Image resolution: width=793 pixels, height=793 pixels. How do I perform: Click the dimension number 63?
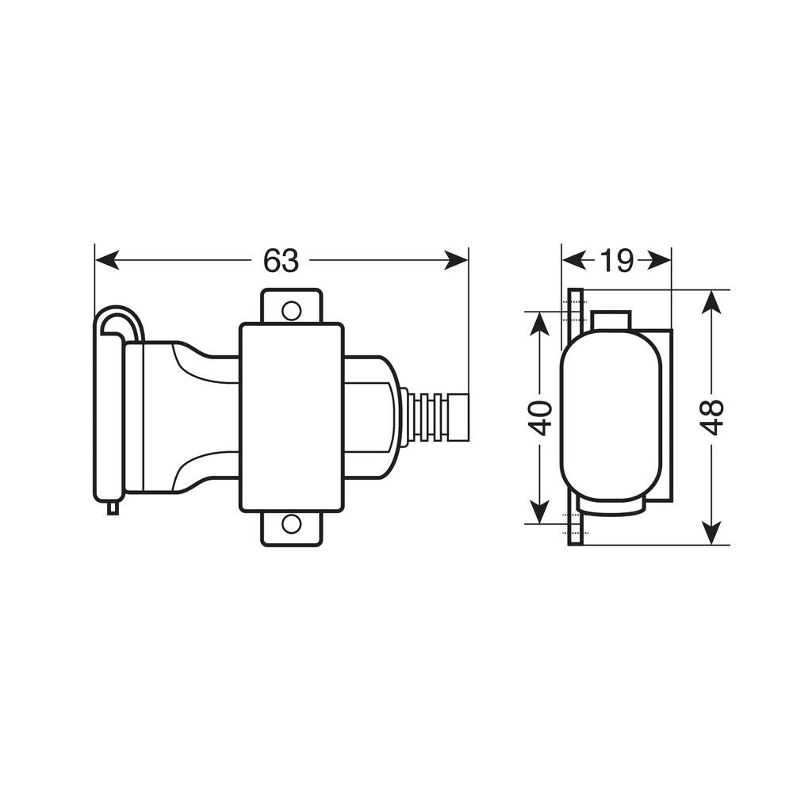pyautogui.click(x=282, y=260)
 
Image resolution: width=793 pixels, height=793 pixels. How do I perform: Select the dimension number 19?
pyautogui.click(x=616, y=260)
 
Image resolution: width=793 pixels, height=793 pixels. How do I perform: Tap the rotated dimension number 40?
pyautogui.click(x=540, y=417)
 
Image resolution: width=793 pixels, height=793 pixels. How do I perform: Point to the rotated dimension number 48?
pyautogui.click(x=712, y=417)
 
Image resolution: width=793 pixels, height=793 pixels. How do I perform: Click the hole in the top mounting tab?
pyautogui.click(x=292, y=310)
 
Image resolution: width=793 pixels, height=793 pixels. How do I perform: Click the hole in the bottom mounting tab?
pyautogui.click(x=292, y=524)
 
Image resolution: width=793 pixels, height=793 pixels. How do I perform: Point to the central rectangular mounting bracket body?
pyautogui.click(x=292, y=416)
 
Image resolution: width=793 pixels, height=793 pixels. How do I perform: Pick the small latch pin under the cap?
pyautogui.click(x=113, y=508)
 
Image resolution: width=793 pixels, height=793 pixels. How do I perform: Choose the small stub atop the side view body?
pyautogui.click(x=611, y=320)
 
